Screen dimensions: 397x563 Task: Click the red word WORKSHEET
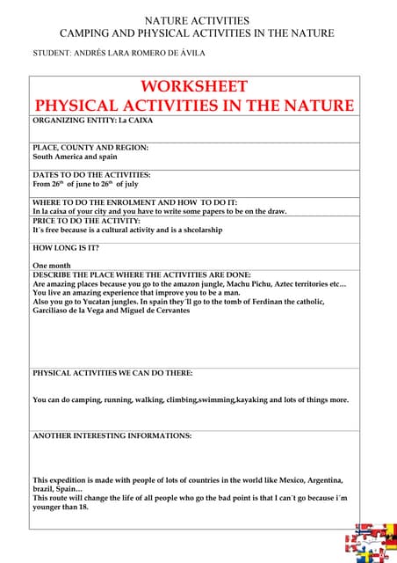(194, 87)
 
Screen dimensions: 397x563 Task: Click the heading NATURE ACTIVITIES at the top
(196, 20)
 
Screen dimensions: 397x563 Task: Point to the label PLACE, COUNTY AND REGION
(90, 147)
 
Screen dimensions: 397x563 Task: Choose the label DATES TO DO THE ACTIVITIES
(91, 175)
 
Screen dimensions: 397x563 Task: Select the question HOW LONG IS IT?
(66, 248)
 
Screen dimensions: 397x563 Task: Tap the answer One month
(52, 264)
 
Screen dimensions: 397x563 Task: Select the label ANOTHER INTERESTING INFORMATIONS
(112, 435)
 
